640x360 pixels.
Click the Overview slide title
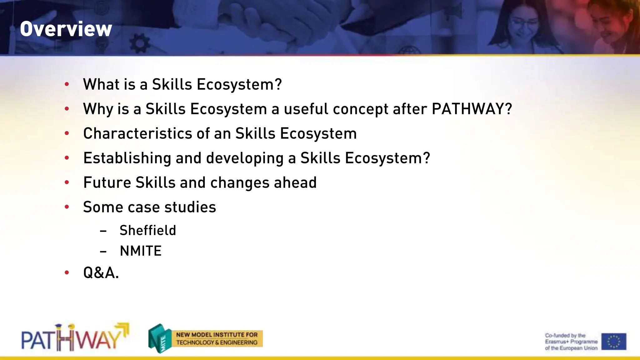[66, 29]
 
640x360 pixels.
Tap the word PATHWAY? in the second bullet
[472, 109]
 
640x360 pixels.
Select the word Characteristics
[137, 133]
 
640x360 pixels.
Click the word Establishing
[127, 158]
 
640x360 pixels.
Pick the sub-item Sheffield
[148, 231]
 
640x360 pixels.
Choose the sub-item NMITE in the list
[141, 251]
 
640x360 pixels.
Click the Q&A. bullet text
[101, 273]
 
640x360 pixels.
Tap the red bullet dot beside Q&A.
[67, 272]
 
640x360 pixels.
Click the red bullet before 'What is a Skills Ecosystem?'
[67, 84]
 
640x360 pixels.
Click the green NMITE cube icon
[160, 338]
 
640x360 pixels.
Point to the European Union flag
[613, 341]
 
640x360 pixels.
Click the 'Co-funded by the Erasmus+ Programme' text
[571, 342]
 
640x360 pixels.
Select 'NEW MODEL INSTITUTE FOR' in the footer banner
[217, 335]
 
